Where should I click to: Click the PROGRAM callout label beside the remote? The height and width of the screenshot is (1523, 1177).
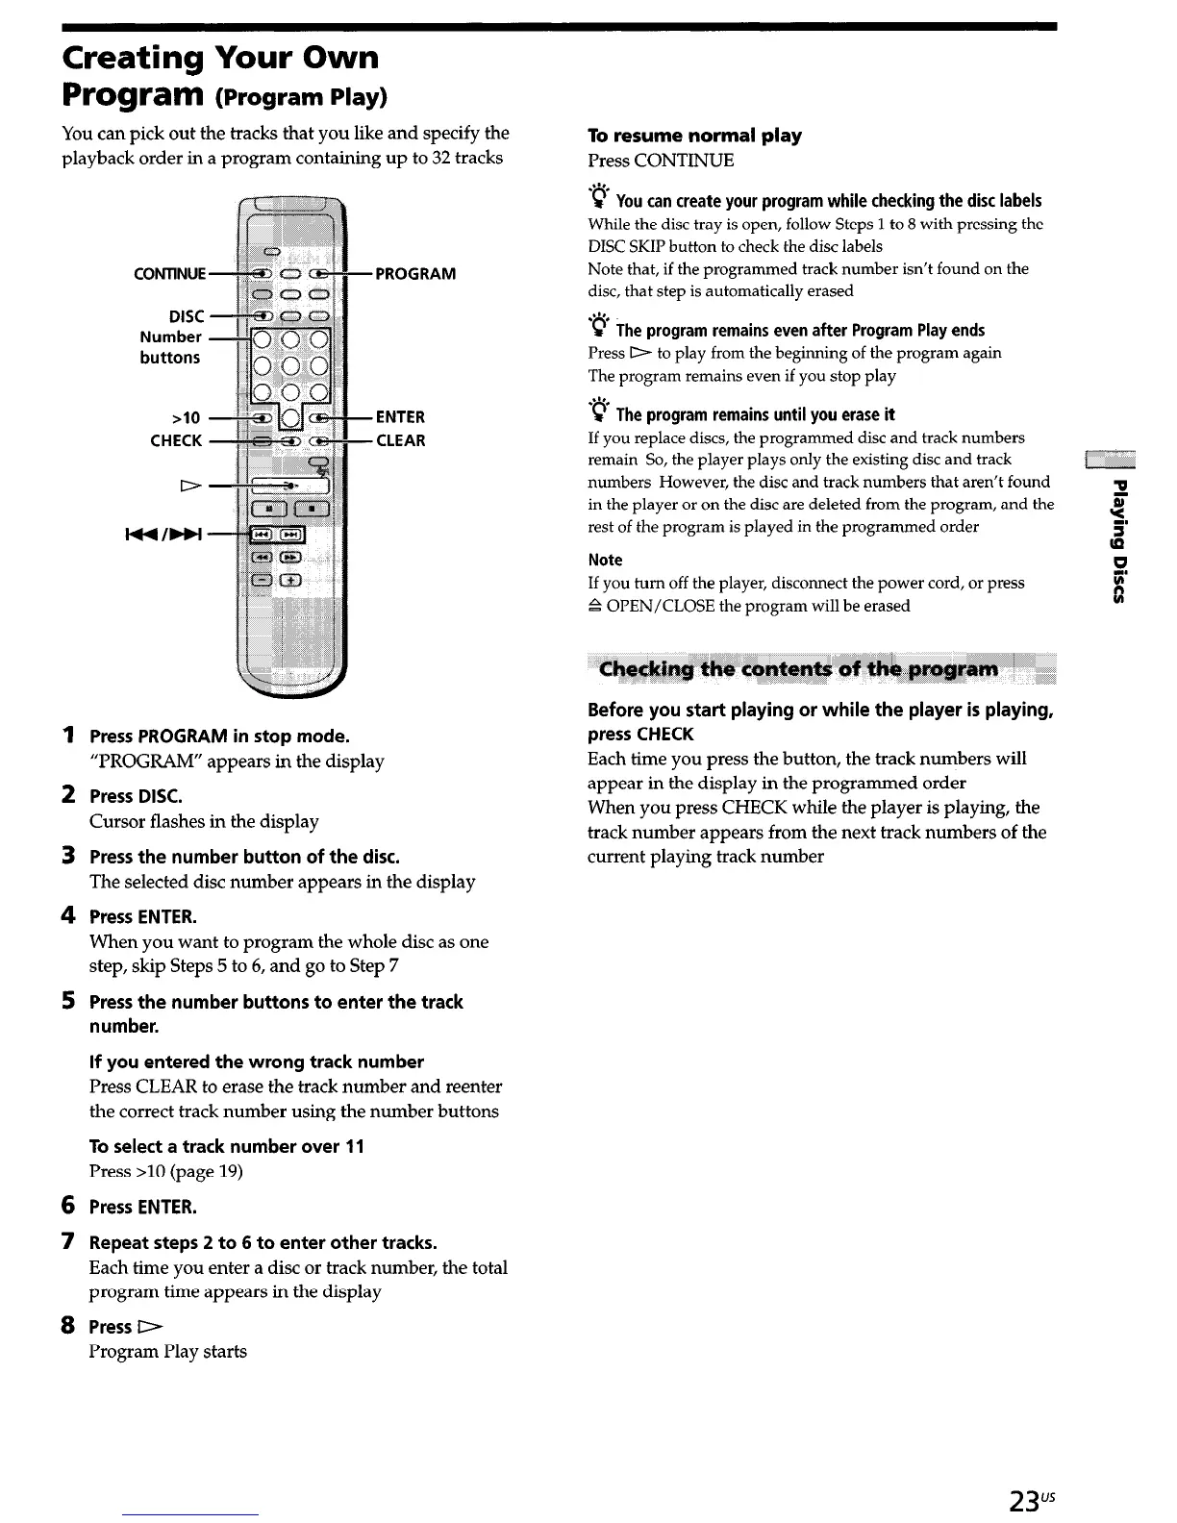(414, 274)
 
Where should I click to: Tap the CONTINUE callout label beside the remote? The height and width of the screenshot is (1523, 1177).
(170, 274)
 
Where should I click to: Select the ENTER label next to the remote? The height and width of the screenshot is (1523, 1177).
(400, 417)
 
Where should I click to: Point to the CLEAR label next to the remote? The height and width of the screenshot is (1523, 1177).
(400, 441)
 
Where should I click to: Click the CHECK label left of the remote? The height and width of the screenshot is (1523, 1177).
(176, 441)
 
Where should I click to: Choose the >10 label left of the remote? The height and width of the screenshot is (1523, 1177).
(185, 417)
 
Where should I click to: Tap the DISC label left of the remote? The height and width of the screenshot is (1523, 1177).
(187, 316)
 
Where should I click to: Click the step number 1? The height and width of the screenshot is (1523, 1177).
(68, 737)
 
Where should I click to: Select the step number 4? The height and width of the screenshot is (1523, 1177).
(68, 916)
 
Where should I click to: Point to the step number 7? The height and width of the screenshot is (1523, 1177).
(68, 1242)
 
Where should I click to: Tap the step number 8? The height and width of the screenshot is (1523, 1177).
(68, 1326)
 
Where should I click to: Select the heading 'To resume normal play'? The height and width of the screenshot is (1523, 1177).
(694, 136)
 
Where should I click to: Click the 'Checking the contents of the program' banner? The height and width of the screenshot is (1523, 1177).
(798, 669)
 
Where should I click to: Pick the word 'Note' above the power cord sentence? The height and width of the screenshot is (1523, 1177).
(605, 560)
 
